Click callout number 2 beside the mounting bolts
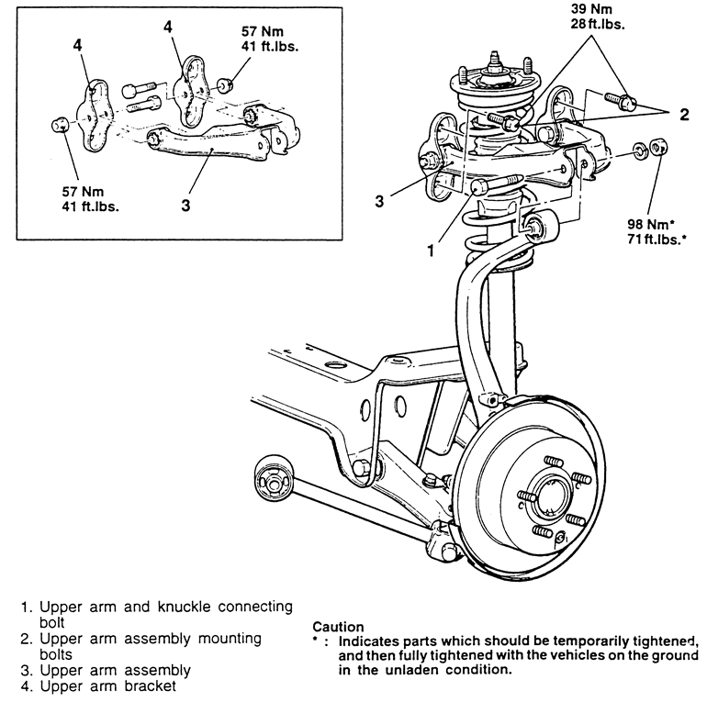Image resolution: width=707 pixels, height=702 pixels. (x=684, y=115)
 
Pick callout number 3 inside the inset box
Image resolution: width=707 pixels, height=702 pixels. (x=185, y=205)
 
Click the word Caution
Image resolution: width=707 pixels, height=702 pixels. (x=338, y=627)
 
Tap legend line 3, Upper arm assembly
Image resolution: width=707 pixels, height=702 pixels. (x=108, y=670)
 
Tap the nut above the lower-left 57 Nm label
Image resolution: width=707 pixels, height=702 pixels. (x=60, y=124)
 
